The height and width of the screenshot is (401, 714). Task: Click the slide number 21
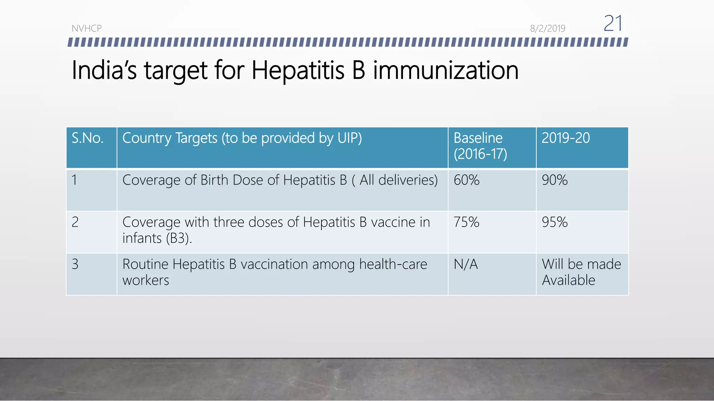[x=613, y=24]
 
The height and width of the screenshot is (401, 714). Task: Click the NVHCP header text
[x=86, y=29]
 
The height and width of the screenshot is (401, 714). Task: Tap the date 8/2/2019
[x=547, y=29]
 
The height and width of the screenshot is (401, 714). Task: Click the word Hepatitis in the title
[x=298, y=71]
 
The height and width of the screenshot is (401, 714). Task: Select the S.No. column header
[x=88, y=139]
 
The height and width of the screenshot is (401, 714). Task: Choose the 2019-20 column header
[x=565, y=138]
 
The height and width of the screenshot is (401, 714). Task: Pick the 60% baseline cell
[x=466, y=180]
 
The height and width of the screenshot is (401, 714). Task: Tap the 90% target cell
[x=555, y=180]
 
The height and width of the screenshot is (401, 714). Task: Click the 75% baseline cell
[x=466, y=222]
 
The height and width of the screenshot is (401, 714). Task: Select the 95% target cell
[x=555, y=222]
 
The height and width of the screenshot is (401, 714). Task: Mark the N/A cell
[x=465, y=265]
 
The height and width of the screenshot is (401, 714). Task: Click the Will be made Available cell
[x=581, y=272]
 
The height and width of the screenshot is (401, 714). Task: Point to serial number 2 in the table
[x=75, y=222]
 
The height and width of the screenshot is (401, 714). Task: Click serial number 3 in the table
[x=75, y=265]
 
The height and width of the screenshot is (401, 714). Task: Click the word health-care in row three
[x=393, y=265]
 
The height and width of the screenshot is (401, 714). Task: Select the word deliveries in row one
[x=408, y=180]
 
